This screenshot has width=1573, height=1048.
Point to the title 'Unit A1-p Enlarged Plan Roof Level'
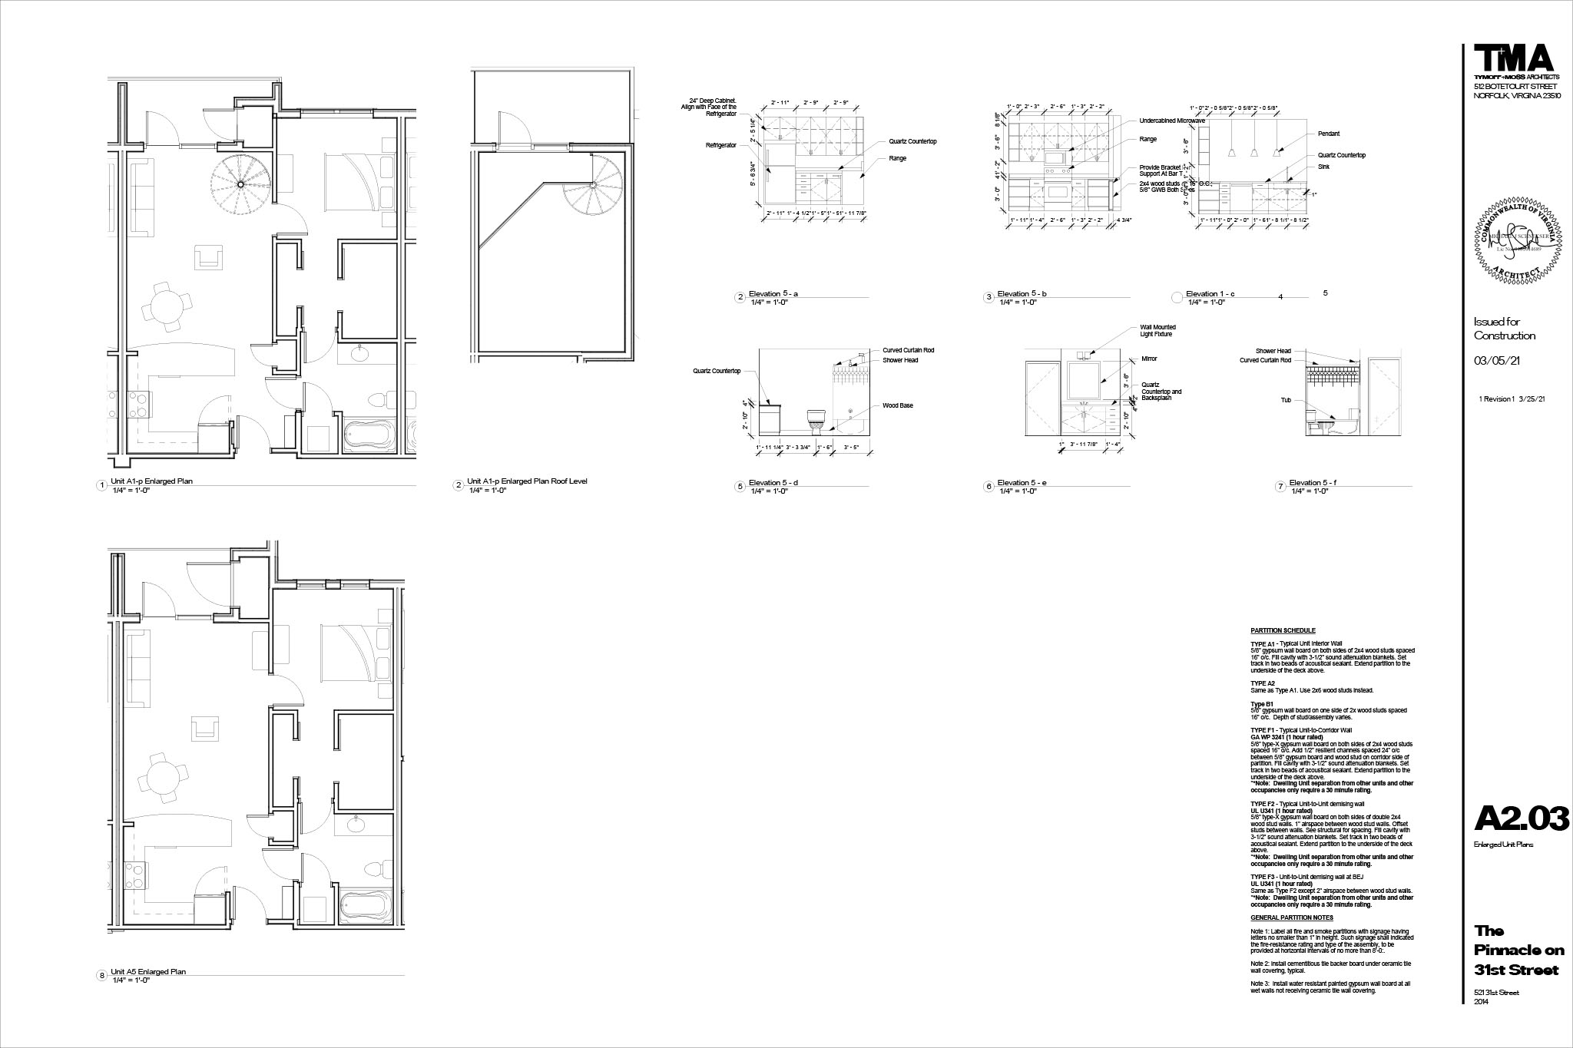tap(527, 481)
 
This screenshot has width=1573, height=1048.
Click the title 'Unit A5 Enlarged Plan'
tap(148, 972)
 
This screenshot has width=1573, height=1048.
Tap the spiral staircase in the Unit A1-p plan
tap(240, 184)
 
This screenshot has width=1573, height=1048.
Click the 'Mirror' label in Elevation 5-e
tap(1149, 359)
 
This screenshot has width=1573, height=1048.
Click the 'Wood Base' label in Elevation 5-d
tap(897, 405)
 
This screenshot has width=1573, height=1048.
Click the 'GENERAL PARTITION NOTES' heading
tap(1291, 917)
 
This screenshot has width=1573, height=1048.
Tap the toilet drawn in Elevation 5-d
tap(815, 422)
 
